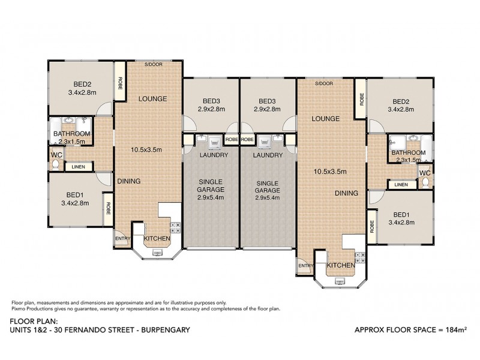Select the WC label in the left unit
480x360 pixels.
(x=54, y=154)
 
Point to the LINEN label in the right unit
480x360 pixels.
(x=401, y=184)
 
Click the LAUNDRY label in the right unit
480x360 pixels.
(x=267, y=155)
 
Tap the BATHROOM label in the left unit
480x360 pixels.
(x=71, y=133)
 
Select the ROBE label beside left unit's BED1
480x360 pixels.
(x=109, y=208)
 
